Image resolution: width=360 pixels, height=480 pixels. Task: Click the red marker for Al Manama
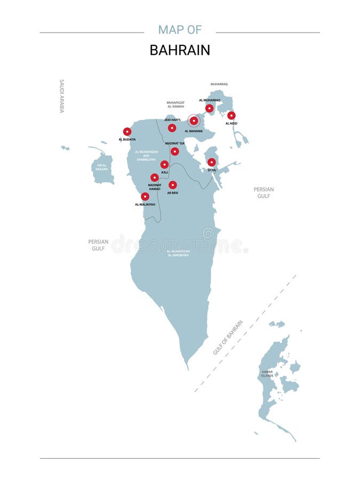click(x=194, y=121)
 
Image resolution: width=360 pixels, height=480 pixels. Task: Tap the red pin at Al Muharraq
click(x=210, y=108)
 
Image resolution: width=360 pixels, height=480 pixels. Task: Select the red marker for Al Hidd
click(x=231, y=115)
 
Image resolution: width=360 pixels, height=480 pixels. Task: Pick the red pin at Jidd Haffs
click(x=172, y=128)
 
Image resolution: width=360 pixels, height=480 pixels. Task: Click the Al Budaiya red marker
click(x=127, y=132)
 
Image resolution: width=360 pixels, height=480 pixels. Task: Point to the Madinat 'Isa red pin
click(x=174, y=151)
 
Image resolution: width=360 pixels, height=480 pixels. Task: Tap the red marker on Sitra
click(x=212, y=162)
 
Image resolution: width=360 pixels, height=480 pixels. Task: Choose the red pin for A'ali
click(x=164, y=165)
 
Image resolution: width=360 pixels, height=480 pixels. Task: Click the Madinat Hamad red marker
click(x=155, y=178)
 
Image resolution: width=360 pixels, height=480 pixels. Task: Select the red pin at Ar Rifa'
click(x=173, y=185)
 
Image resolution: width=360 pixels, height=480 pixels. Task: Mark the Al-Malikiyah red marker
click(x=145, y=196)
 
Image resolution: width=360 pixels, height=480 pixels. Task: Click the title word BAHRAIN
click(x=180, y=50)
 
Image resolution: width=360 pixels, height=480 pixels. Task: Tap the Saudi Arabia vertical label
click(x=62, y=96)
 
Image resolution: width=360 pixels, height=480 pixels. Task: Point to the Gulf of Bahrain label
click(x=228, y=337)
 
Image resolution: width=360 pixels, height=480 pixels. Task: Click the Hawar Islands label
click(x=267, y=373)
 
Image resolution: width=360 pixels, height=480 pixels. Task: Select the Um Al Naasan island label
click(x=102, y=167)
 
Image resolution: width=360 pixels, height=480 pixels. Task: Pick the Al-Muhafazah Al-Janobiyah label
click(x=178, y=253)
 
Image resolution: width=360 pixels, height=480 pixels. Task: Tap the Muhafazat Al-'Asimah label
click(x=175, y=105)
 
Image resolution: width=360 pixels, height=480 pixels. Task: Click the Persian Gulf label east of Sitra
click(x=263, y=193)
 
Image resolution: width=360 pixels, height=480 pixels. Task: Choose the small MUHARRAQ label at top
click(x=219, y=84)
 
